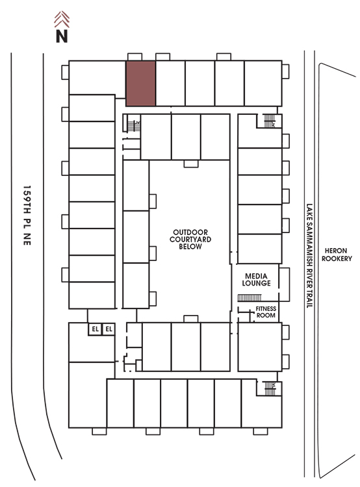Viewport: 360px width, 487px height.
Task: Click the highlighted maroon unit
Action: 140,83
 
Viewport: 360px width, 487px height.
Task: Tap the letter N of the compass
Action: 62,36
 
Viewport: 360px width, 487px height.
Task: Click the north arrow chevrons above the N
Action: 62,19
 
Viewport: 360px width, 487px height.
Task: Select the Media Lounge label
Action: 256,279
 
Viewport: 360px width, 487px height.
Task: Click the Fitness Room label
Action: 266,312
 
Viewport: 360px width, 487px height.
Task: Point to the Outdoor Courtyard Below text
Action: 190,239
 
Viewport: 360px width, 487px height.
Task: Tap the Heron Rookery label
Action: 337,255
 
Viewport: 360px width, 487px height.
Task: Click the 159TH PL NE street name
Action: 27,215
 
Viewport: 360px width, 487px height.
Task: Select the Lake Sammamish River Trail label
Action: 309,256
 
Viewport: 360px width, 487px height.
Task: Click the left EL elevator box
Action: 95,329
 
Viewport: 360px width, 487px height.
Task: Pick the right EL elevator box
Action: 109,329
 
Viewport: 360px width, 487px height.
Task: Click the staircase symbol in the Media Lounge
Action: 250,298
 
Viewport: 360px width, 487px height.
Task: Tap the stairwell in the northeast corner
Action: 270,121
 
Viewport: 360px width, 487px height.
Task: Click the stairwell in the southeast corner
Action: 270,388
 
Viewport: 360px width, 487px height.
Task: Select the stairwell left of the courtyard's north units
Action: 134,126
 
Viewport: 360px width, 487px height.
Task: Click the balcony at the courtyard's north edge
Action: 191,164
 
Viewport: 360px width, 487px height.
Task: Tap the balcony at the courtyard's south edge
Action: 191,319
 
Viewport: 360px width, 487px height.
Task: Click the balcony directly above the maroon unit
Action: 135,57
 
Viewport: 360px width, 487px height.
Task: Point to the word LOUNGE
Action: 256,283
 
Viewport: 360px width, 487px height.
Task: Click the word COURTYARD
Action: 190,239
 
